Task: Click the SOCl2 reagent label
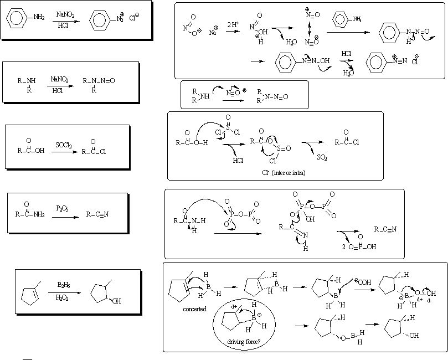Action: [62, 145]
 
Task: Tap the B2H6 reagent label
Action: [63, 284]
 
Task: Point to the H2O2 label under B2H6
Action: [63, 297]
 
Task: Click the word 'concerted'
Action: [195, 309]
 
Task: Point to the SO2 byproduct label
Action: [322, 157]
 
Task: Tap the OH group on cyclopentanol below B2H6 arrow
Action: [115, 301]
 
